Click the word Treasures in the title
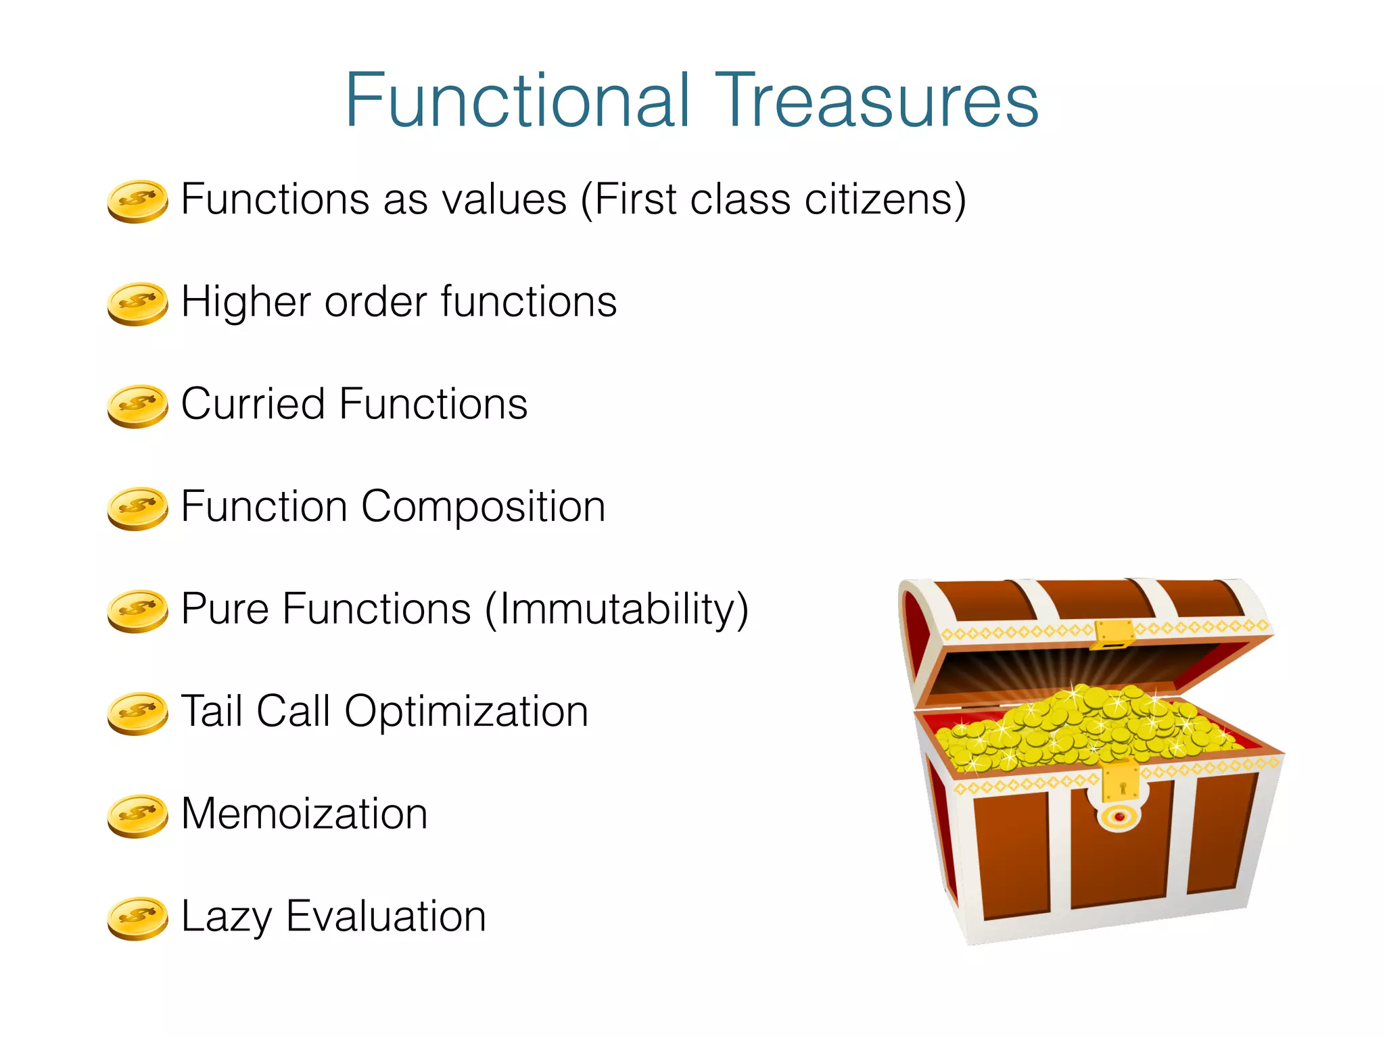[x=876, y=101]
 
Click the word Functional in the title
[x=518, y=101]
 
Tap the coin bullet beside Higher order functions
[x=137, y=303]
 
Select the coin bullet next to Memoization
[x=137, y=816]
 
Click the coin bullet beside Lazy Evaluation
[x=137, y=918]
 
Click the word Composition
[x=483, y=507]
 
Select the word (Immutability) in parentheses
[x=617, y=610]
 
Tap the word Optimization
[x=466, y=712]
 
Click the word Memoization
[x=304, y=814]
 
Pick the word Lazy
[x=226, y=917]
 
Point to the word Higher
[x=248, y=302]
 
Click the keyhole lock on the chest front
[x=1122, y=788]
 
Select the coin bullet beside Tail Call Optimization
[x=137, y=713]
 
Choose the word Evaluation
[x=385, y=917]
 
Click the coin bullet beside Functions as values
[x=137, y=201]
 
